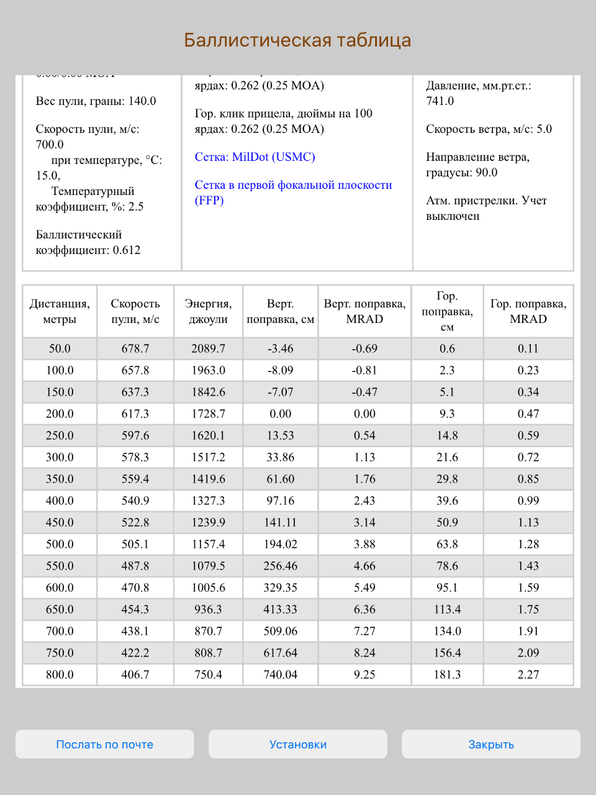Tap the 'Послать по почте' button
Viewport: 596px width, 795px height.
[104, 744]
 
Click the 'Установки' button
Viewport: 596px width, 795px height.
[298, 744]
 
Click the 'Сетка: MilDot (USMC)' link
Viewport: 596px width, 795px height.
[255, 157]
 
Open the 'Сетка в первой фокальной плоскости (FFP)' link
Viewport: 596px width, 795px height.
[293, 193]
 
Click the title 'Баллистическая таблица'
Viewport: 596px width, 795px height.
[298, 40]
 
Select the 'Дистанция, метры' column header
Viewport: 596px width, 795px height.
[60, 311]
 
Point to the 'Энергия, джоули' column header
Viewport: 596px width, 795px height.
[208, 311]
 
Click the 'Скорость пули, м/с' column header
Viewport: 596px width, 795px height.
[135, 311]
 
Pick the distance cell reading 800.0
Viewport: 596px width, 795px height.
[60, 675]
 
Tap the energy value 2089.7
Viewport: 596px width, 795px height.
[208, 348]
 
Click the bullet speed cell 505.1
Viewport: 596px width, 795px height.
[135, 544]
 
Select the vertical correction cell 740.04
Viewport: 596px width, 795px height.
[281, 675]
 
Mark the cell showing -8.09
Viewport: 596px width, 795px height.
[281, 370]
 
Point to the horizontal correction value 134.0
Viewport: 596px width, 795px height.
[447, 631]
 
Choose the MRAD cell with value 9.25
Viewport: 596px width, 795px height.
[364, 675]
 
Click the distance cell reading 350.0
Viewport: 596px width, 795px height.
[60, 479]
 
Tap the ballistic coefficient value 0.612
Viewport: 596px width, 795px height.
[127, 250]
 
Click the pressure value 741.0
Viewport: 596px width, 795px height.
[440, 101]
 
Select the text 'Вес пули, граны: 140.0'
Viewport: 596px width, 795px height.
[96, 101]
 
